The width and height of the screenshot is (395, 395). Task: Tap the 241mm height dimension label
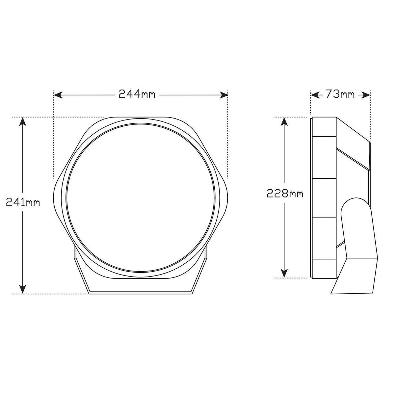[x=23, y=202]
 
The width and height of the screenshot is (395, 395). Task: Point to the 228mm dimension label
[x=285, y=194]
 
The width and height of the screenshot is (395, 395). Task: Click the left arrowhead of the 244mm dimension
[x=58, y=95]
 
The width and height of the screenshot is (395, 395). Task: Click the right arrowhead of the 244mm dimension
[x=224, y=95]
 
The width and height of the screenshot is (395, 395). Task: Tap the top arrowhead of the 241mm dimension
[x=23, y=121]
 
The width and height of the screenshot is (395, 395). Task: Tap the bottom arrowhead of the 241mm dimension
[x=23, y=289]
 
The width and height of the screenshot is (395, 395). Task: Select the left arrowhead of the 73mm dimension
[x=315, y=95]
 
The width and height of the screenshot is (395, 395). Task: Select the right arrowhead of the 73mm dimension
[x=366, y=95]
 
